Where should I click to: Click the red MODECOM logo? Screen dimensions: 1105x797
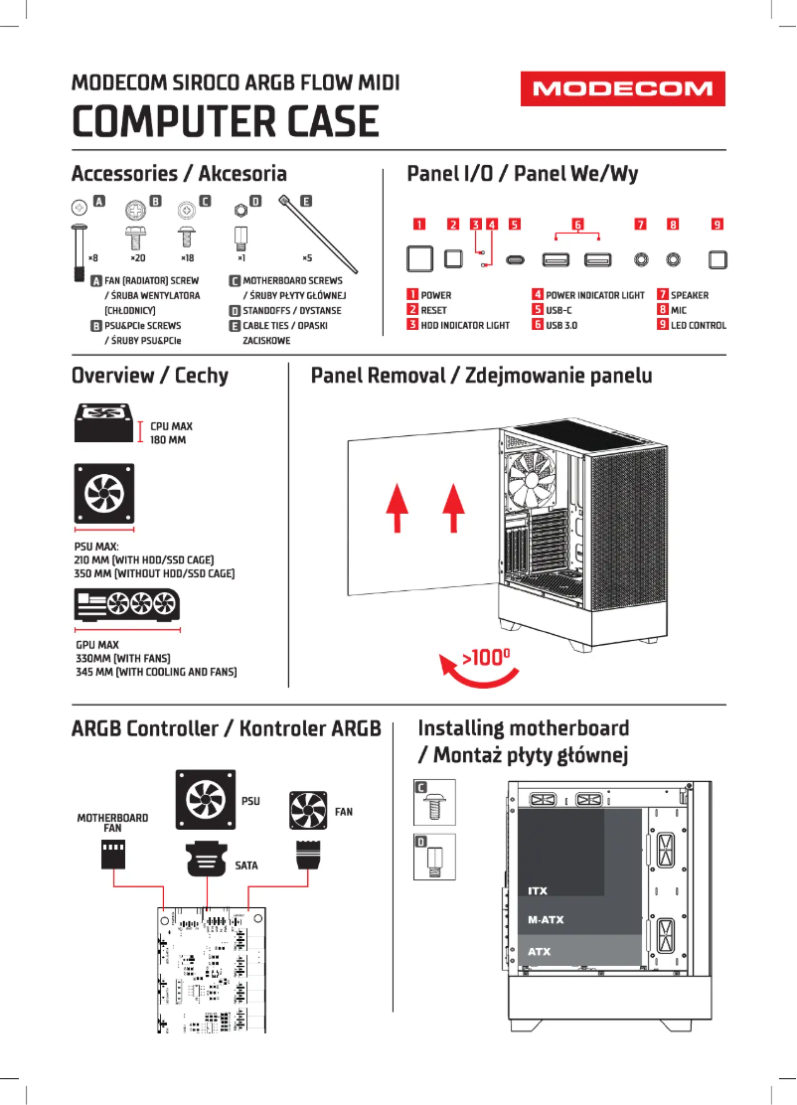pos(622,89)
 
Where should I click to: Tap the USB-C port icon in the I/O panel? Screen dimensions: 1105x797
pos(515,260)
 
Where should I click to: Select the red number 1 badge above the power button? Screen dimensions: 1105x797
pos(419,224)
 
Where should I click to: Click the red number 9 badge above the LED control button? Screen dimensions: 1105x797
pos(717,224)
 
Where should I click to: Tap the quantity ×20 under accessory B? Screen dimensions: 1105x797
pos(137,257)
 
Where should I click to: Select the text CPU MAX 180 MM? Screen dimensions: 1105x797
pos(171,432)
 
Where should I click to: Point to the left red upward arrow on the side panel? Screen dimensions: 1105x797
pos(397,508)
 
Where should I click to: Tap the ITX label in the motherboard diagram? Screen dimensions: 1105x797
pos(538,890)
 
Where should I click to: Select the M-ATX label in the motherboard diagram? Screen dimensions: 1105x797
pos(546,920)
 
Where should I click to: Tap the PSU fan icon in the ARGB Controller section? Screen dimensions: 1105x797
pos(206,798)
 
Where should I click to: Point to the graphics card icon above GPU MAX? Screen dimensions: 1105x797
pos(127,608)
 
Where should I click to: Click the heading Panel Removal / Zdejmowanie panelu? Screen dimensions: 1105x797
pos(481,376)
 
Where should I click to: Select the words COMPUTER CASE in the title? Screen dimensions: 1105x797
pos(226,122)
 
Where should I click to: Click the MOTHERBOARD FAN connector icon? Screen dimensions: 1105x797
pos(113,854)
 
